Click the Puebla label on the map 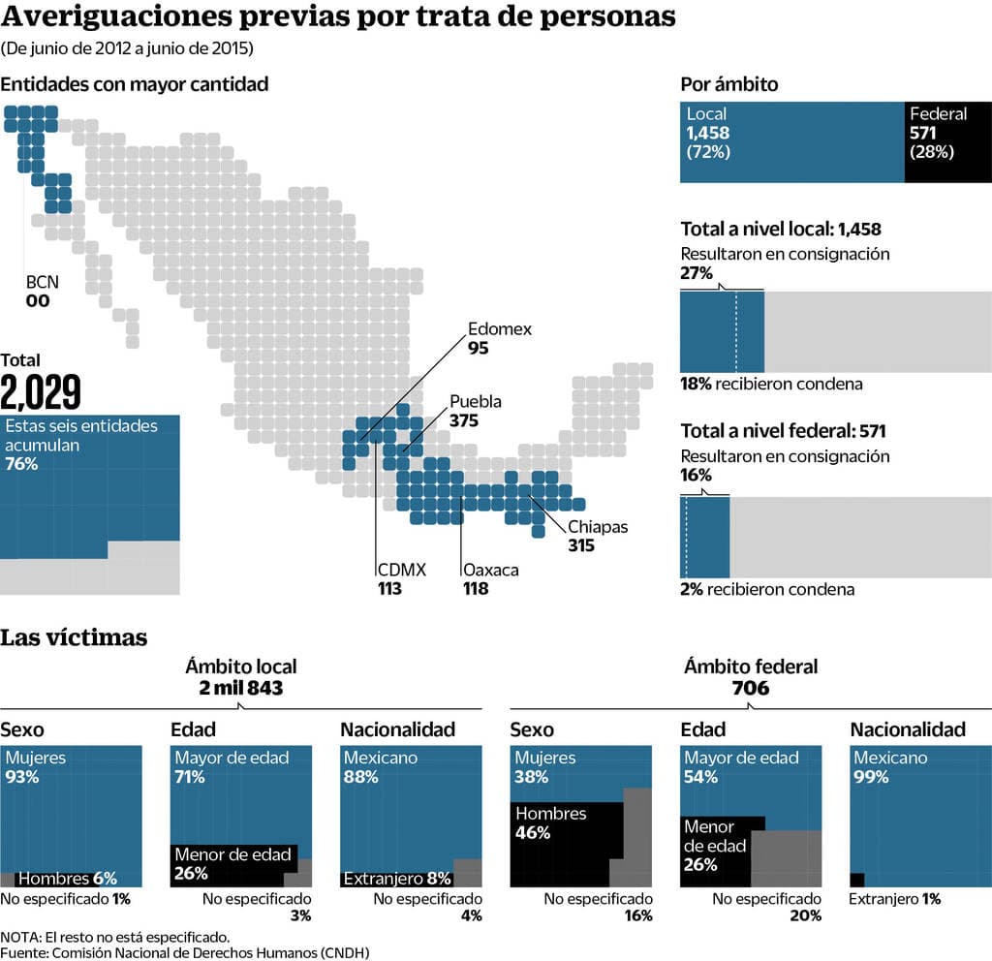(476, 402)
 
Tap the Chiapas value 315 (581, 545)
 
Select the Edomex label (499, 329)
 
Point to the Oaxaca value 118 (476, 588)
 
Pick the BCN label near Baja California (42, 283)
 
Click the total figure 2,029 (41, 391)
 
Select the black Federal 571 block (947, 141)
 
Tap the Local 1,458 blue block (791, 141)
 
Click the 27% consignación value (697, 273)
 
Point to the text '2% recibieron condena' (767, 589)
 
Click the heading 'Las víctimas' (74, 637)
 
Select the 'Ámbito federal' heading (751, 666)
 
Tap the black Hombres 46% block (566, 844)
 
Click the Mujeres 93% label (35, 767)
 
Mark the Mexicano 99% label (890, 767)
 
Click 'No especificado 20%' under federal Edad (766, 907)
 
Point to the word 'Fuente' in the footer (24, 951)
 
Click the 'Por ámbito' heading (729, 84)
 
